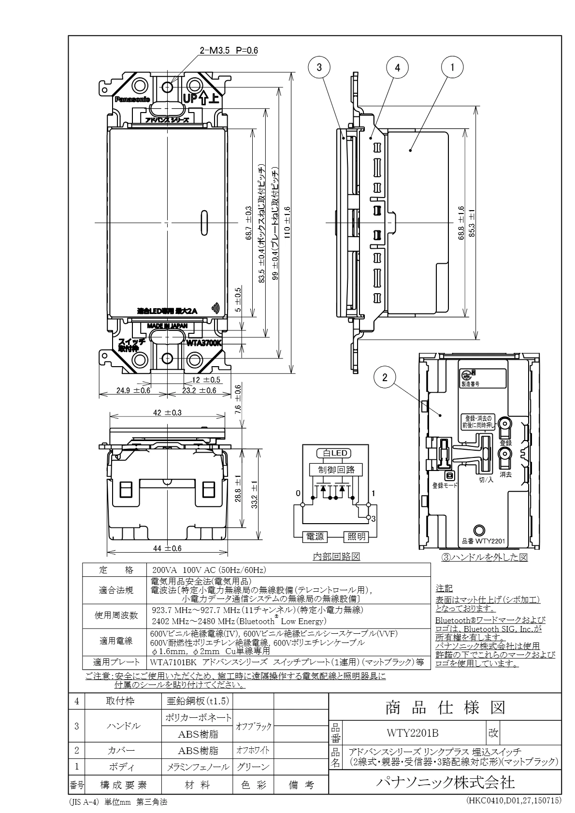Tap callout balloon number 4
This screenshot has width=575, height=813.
[x=398, y=68]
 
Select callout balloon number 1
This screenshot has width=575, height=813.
[x=452, y=68]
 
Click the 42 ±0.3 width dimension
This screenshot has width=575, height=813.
[x=167, y=413]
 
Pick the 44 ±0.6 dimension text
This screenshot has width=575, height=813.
[x=167, y=548]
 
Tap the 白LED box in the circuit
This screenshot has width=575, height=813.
[x=333, y=453]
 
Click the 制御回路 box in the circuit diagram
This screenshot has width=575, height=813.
[x=333, y=470]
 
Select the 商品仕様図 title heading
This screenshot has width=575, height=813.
[x=445, y=708]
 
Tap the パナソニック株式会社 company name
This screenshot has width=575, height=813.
[x=445, y=782]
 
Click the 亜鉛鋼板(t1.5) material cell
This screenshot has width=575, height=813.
[x=197, y=701]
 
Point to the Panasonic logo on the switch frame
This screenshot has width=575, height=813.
[x=132, y=100]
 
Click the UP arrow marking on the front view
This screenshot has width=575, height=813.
[x=201, y=99]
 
